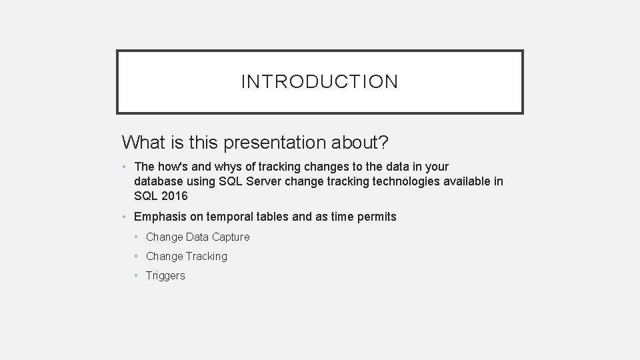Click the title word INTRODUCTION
[319, 82]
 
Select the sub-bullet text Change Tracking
[187, 256]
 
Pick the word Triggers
[165, 275]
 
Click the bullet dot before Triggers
[136, 275]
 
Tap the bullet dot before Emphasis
[125, 217]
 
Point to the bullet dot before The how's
[125, 167]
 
